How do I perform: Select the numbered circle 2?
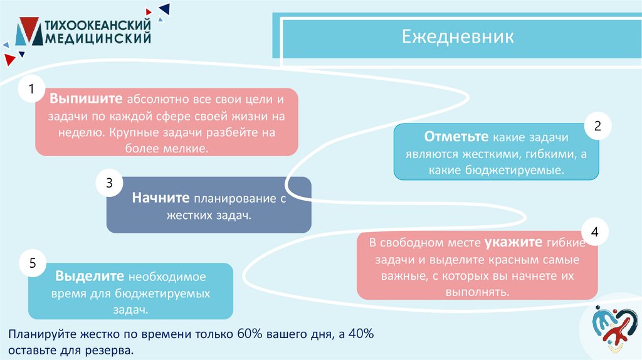597,126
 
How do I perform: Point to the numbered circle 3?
108,183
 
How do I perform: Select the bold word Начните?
161,198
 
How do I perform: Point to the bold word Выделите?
90,276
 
